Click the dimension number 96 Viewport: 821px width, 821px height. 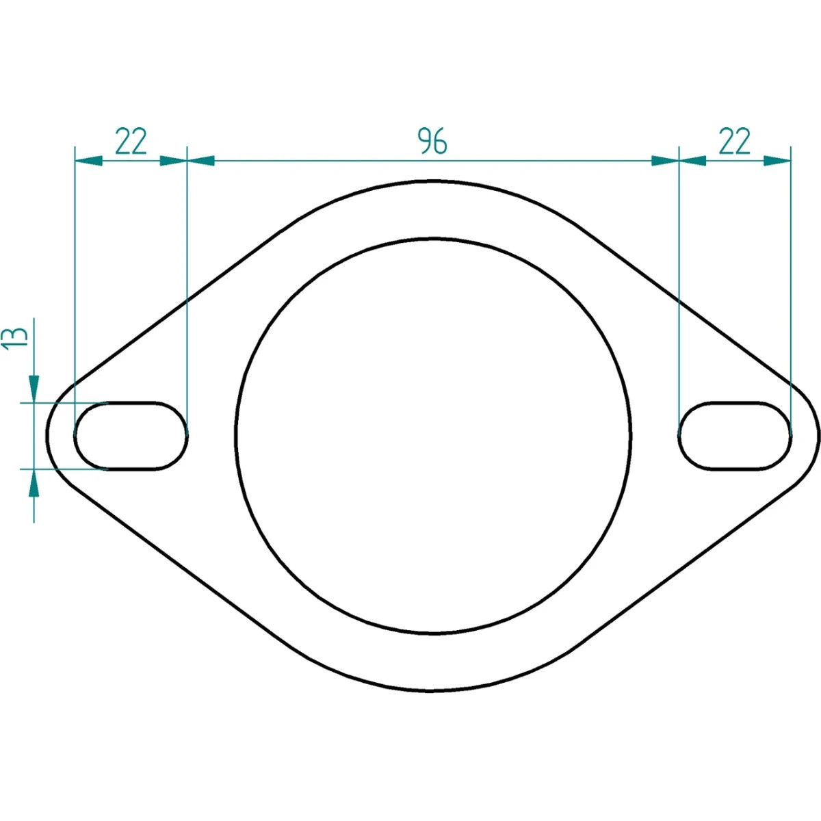point(432,141)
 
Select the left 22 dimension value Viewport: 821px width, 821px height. point(131,141)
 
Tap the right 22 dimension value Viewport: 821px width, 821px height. point(735,141)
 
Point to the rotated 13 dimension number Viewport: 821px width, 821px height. point(15,339)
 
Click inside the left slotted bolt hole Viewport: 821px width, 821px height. point(131,435)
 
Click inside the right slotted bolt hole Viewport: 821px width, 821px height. point(735,435)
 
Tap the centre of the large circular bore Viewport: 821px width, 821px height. point(433,436)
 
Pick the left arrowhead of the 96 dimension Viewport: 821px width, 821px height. point(200,161)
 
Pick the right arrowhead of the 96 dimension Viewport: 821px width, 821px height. point(665,161)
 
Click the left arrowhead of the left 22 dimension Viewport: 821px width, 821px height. point(88,161)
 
